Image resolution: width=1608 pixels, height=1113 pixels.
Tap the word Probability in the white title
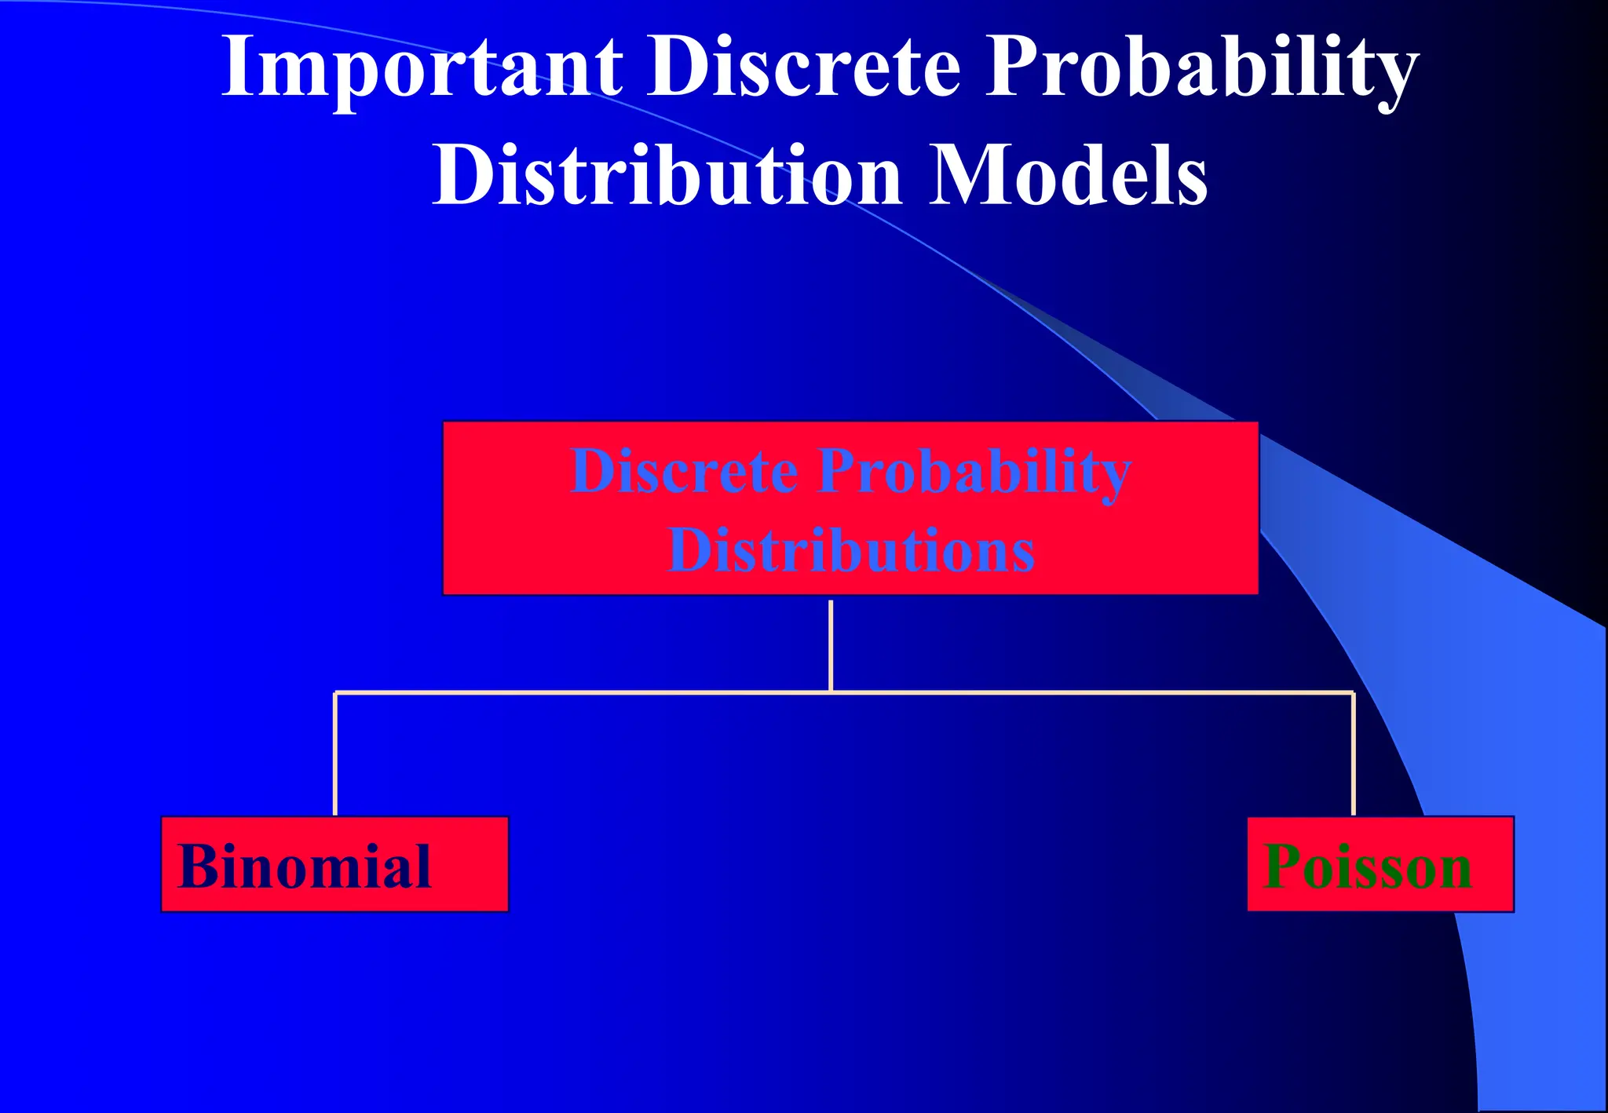click(x=1201, y=69)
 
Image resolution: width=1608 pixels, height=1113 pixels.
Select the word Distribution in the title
click(x=667, y=176)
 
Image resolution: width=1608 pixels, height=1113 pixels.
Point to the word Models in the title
click(x=1069, y=176)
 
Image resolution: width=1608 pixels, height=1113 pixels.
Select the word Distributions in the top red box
click(x=850, y=550)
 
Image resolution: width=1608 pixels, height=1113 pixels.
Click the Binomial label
click(x=305, y=867)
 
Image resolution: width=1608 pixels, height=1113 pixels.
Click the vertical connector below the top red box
click(x=831, y=644)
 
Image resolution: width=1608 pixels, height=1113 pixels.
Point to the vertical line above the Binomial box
click(x=335, y=754)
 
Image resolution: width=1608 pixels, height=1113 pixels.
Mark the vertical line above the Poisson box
click(x=1353, y=754)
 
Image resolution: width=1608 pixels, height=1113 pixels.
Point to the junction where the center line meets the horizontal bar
click(x=831, y=692)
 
